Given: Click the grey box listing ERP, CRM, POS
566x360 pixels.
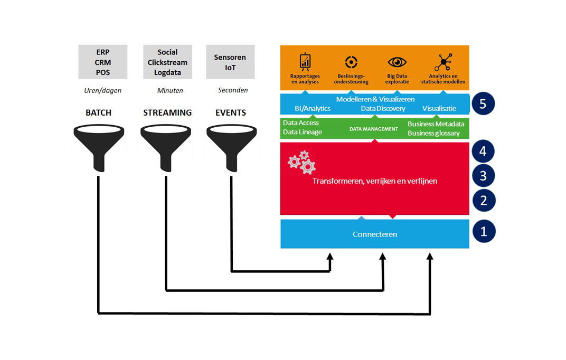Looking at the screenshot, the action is click(103, 62).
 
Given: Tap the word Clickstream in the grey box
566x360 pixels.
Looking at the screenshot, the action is click(167, 62).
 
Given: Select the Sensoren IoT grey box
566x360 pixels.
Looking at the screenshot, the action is click(230, 62).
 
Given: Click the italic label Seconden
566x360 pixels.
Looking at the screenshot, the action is click(233, 90).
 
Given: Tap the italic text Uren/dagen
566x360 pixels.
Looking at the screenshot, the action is click(102, 91).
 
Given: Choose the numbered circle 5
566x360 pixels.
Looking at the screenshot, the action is click(483, 104).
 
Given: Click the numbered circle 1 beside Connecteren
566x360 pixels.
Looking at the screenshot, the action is click(484, 231).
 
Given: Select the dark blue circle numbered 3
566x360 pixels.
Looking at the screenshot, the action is click(484, 176).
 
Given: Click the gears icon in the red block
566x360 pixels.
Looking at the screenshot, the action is click(302, 163).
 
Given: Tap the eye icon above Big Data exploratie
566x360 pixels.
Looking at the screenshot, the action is click(397, 62).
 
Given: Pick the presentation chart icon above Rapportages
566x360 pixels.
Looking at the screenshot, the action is click(305, 62).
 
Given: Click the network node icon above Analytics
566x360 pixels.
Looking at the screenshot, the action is click(444, 62).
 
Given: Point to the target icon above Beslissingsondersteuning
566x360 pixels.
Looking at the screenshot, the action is click(351, 62).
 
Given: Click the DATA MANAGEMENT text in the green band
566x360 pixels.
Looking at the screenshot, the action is click(374, 129).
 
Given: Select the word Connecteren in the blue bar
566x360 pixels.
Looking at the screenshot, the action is click(375, 234).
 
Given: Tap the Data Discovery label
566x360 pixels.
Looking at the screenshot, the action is click(383, 108).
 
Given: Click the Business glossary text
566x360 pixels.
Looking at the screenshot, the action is click(434, 133).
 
